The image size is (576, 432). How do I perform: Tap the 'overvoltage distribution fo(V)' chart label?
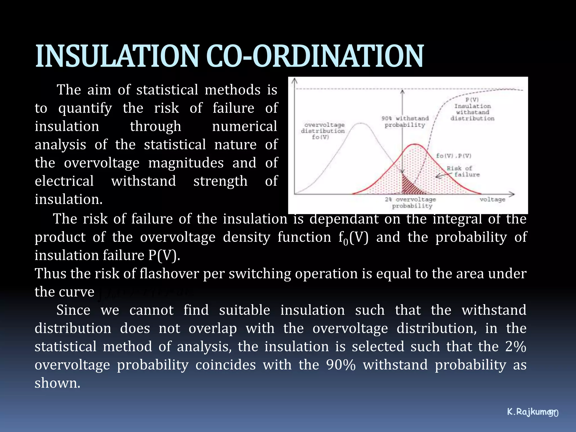323,131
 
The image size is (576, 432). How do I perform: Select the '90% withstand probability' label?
405,121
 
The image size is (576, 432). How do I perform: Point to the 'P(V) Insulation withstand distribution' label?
472,109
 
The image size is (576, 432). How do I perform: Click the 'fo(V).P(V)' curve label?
453,156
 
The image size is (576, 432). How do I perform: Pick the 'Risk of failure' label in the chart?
463,171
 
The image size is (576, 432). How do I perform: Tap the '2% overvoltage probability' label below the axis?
411,202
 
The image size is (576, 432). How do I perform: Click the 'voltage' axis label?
492,199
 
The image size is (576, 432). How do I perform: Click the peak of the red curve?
415,145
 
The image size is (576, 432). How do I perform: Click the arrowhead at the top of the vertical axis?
294,81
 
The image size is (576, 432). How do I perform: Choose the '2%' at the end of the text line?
516,346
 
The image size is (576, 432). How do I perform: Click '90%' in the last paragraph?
341,365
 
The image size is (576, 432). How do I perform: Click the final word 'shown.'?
57,383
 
